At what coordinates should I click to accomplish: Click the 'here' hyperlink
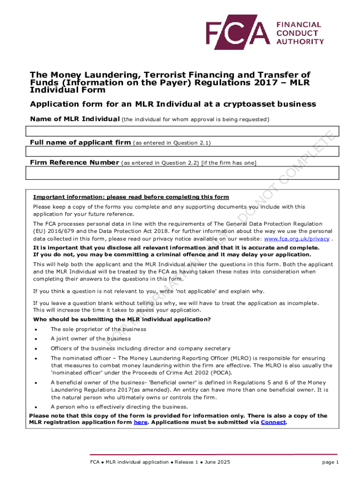tap(140, 422)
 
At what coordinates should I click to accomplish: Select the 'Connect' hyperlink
tap(273, 422)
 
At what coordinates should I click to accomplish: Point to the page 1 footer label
tap(330, 462)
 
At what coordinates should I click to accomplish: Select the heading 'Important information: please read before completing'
tap(131, 196)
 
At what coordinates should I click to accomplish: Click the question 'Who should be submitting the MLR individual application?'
tap(122, 319)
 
